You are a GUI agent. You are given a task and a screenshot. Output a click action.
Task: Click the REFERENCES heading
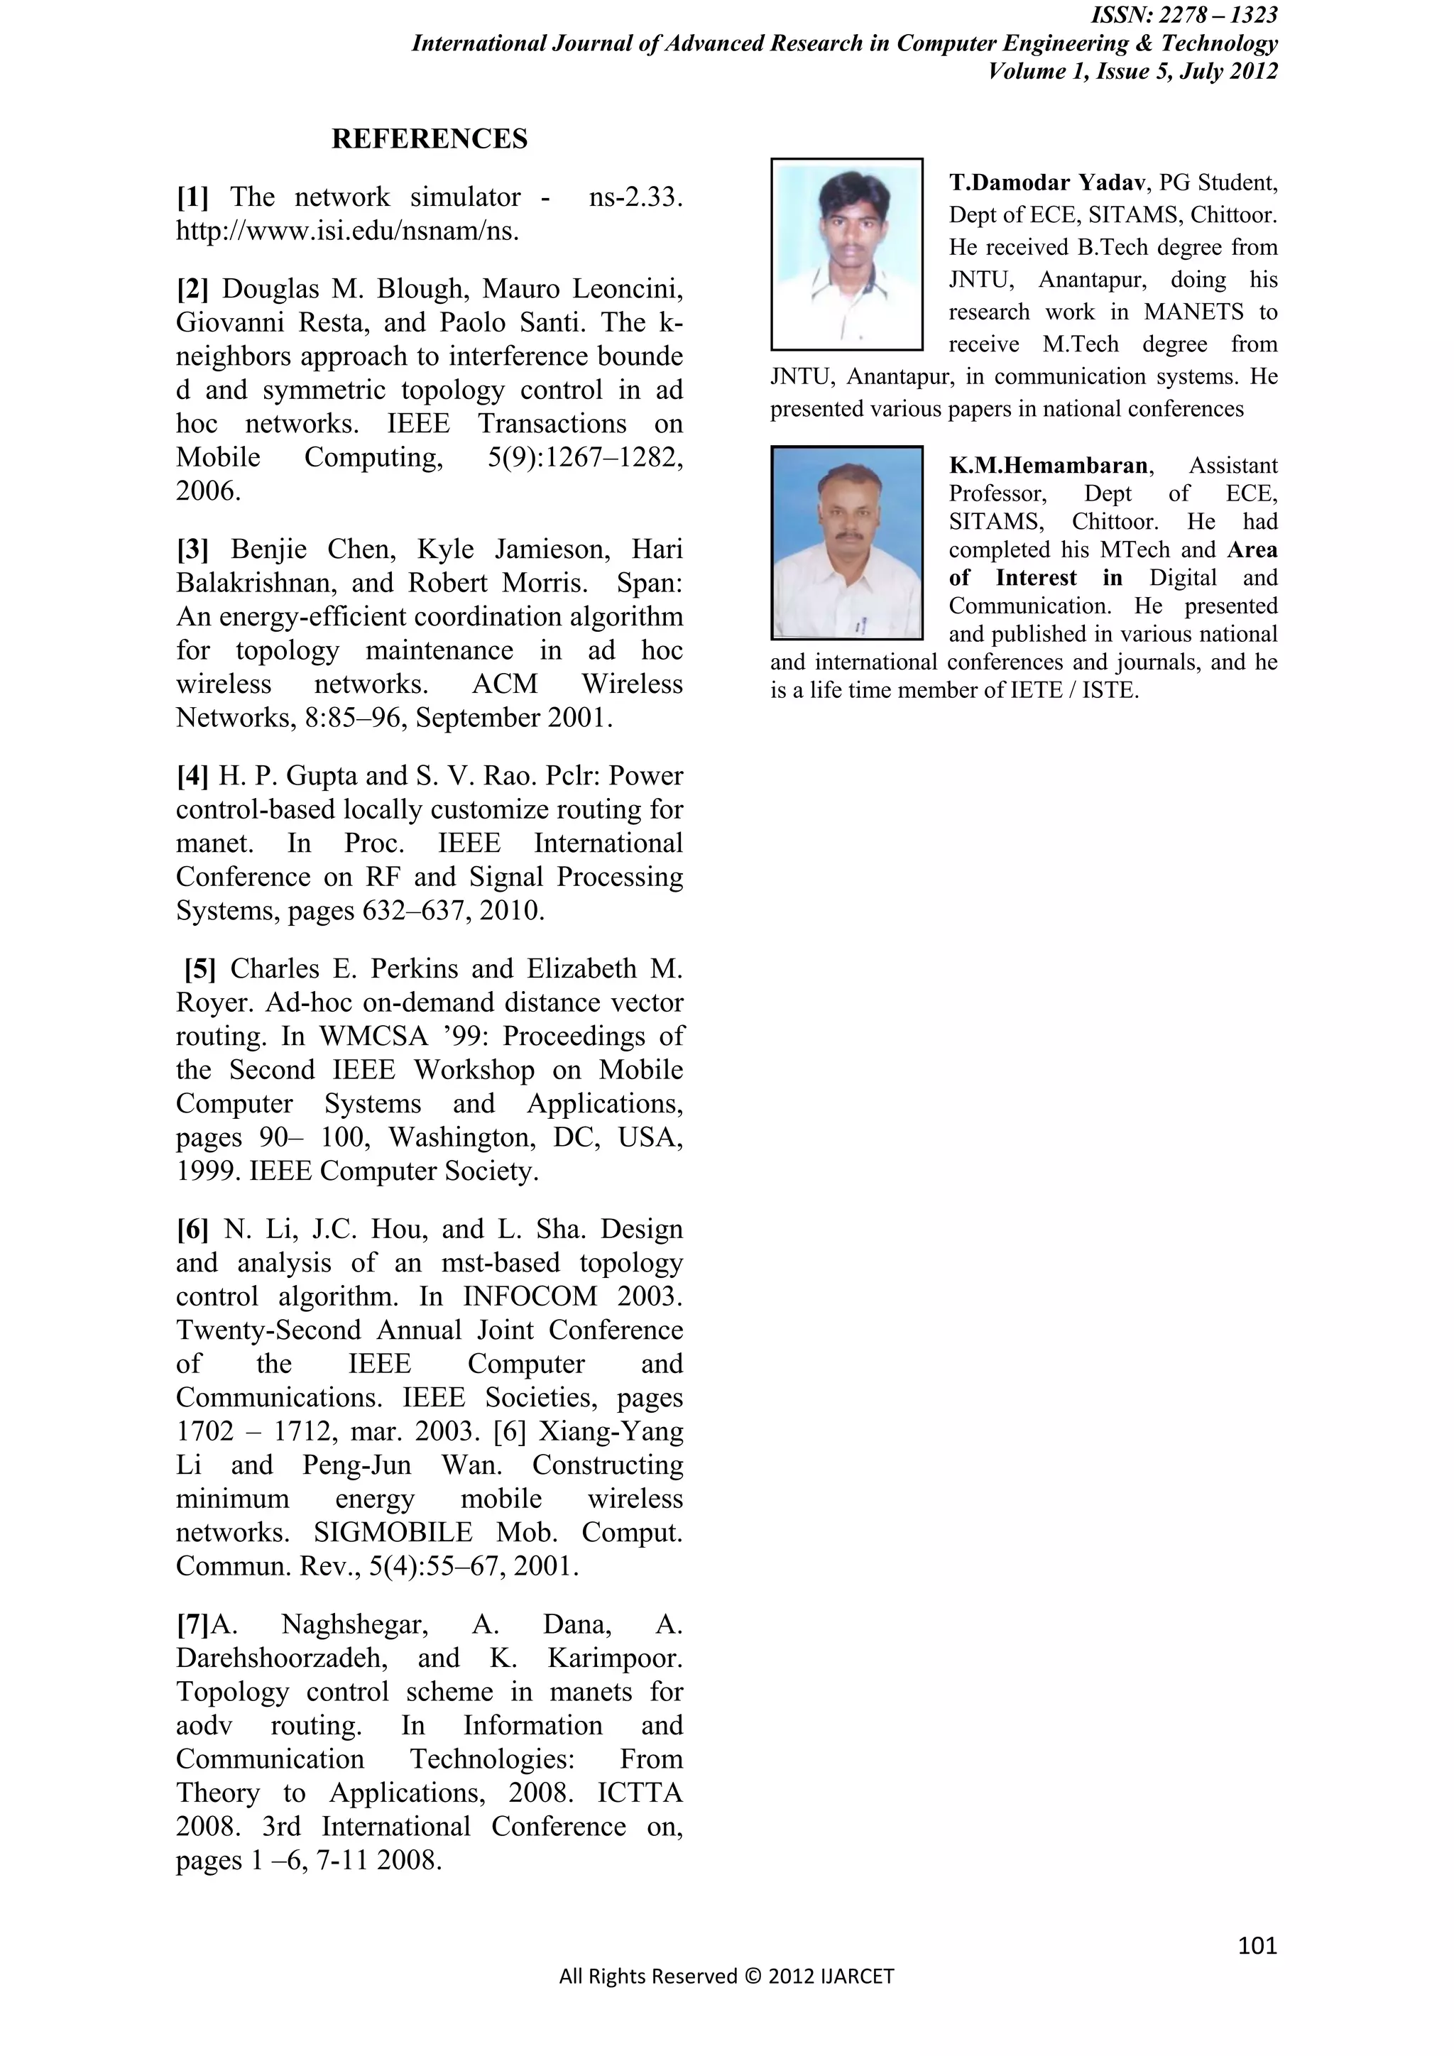430,139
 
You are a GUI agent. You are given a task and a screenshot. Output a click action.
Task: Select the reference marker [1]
192,197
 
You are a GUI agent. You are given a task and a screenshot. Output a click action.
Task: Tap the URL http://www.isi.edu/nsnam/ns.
347,231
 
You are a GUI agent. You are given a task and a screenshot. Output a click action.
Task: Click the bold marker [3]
192,549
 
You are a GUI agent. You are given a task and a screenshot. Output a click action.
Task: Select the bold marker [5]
200,969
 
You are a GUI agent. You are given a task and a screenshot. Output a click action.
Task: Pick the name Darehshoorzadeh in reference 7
282,1658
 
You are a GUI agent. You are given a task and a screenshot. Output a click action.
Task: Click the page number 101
1257,1946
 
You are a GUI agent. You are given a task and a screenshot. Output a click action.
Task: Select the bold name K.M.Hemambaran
1047,466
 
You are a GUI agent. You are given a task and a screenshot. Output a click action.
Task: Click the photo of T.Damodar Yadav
846,254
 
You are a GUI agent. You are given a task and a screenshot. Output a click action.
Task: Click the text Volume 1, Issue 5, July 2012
1132,72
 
